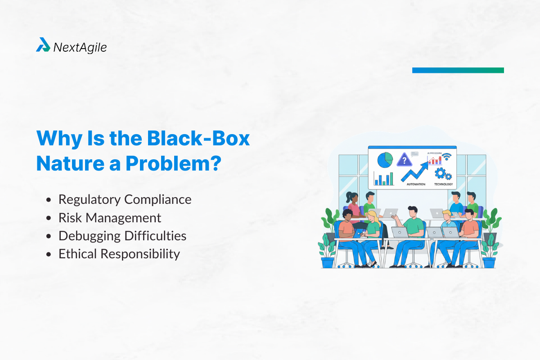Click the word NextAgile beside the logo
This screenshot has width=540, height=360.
(x=80, y=47)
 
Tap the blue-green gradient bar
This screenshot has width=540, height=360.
(x=458, y=70)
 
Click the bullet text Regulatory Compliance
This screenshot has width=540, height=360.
(x=125, y=199)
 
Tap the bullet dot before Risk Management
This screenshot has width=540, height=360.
(x=49, y=218)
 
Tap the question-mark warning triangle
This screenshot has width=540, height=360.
(x=405, y=160)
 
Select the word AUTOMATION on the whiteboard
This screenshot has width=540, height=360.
(x=415, y=184)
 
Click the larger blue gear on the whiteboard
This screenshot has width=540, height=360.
(x=440, y=173)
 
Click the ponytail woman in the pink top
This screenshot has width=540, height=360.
(x=353, y=205)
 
